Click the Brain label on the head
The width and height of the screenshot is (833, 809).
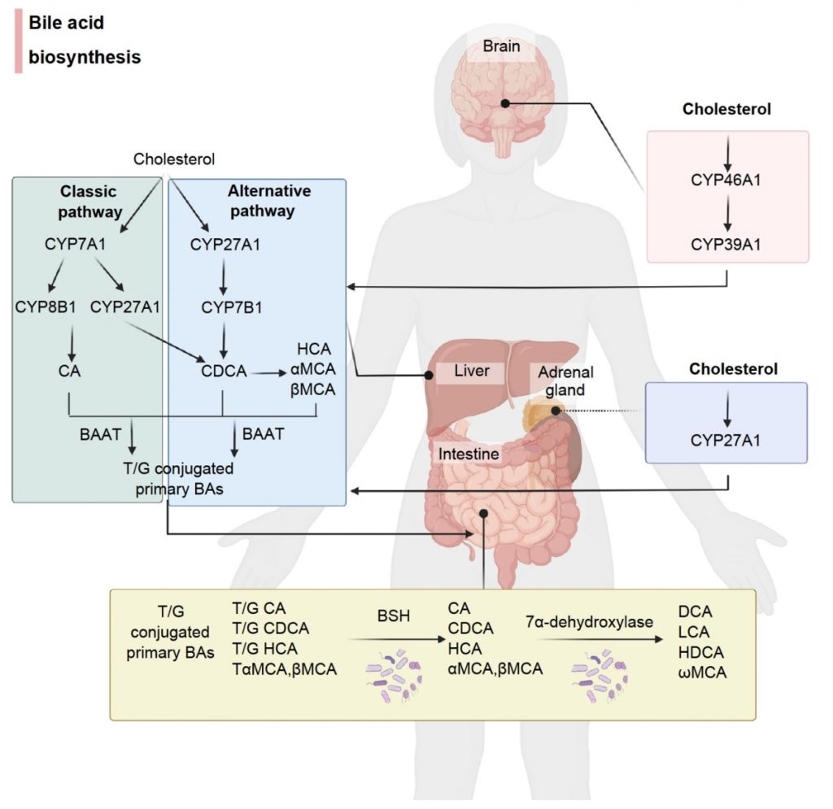tap(501, 46)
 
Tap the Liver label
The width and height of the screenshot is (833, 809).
tap(471, 370)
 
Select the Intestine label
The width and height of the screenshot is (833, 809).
tap(468, 454)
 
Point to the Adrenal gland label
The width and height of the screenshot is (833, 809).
tap(565, 381)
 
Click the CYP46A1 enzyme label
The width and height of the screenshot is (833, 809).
tap(726, 180)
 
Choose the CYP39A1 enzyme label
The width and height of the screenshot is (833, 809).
tap(726, 244)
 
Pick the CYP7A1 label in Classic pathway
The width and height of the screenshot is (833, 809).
tap(75, 244)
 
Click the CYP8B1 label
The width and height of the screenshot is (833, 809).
tap(46, 307)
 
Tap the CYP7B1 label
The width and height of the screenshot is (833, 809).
tap(232, 307)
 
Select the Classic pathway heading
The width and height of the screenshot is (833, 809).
tap(89, 201)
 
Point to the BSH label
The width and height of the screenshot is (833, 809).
tap(394, 615)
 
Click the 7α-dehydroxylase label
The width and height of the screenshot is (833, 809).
tap(589, 621)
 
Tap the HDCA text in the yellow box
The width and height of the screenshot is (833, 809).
tap(700, 652)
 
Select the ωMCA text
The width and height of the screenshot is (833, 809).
tap(702, 672)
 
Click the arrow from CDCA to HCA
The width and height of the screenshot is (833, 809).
tap(268, 373)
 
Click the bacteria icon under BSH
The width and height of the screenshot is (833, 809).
tap(394, 676)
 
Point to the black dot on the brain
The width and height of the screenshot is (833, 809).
tap(505, 103)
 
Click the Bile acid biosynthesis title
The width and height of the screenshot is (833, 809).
tap(85, 40)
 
